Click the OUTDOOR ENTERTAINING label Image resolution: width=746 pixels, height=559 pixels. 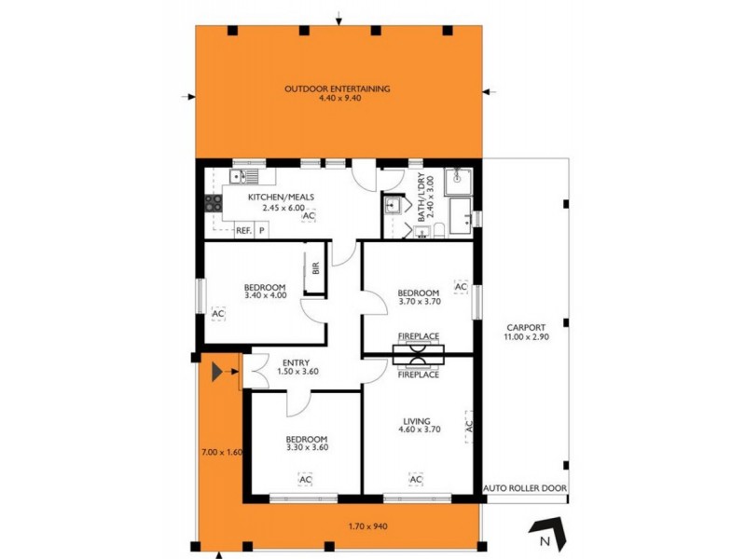pos(338,89)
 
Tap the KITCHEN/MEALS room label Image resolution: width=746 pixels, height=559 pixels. pos(281,198)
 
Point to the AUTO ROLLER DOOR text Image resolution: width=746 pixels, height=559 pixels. pos(525,487)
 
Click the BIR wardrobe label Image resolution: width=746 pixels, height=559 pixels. pos(316,269)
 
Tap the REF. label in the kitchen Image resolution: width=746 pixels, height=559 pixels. pos(242,229)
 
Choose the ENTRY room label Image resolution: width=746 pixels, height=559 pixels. pos(296,363)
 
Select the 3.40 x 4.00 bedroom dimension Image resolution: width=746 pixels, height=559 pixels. pos(265,296)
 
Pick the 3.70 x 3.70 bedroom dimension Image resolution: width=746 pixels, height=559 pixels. pos(418,302)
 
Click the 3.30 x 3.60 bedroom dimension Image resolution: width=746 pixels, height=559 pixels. pos(306,448)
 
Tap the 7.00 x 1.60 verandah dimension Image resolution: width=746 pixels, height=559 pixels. pos(221,452)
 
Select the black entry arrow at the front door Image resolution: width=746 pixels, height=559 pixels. pos(218,373)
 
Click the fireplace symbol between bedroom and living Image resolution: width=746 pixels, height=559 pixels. pos(420,354)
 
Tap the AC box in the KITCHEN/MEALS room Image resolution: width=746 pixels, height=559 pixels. pos(309,216)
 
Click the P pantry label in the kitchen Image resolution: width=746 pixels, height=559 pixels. pos(262,229)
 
